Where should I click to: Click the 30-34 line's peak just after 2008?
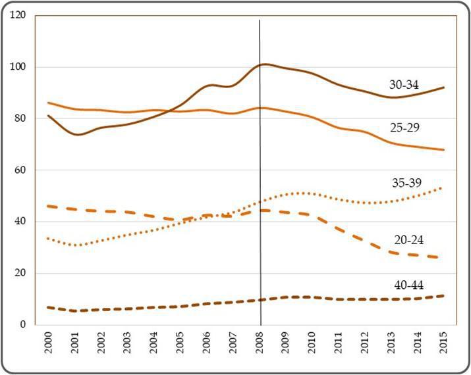(x=265, y=64)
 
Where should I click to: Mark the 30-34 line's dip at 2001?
(x=78, y=134)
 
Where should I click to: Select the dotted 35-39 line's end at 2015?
(x=441, y=187)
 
